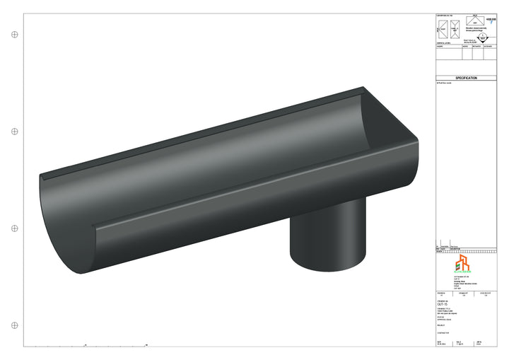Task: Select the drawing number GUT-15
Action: tap(443, 303)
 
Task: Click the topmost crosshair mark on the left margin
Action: tap(14, 34)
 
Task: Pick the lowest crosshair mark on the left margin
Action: tap(14, 325)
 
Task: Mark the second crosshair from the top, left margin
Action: tap(14, 132)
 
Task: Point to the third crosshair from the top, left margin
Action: tap(14, 228)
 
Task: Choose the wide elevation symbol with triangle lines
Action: tap(475, 21)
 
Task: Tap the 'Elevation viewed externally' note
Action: tap(474, 30)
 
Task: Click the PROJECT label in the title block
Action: tap(441, 326)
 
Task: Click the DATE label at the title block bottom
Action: tap(440, 341)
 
